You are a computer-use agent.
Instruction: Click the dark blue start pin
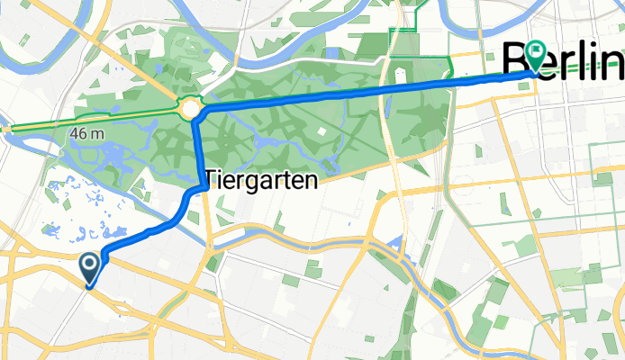(x=91, y=267)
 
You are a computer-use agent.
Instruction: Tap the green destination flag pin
(x=537, y=56)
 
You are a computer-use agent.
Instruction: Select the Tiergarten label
(x=262, y=180)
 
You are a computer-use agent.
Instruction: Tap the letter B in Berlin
(x=517, y=61)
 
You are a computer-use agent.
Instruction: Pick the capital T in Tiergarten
(x=212, y=180)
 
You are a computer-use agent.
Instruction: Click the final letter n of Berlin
(x=614, y=61)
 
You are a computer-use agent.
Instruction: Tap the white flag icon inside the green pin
(x=537, y=51)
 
